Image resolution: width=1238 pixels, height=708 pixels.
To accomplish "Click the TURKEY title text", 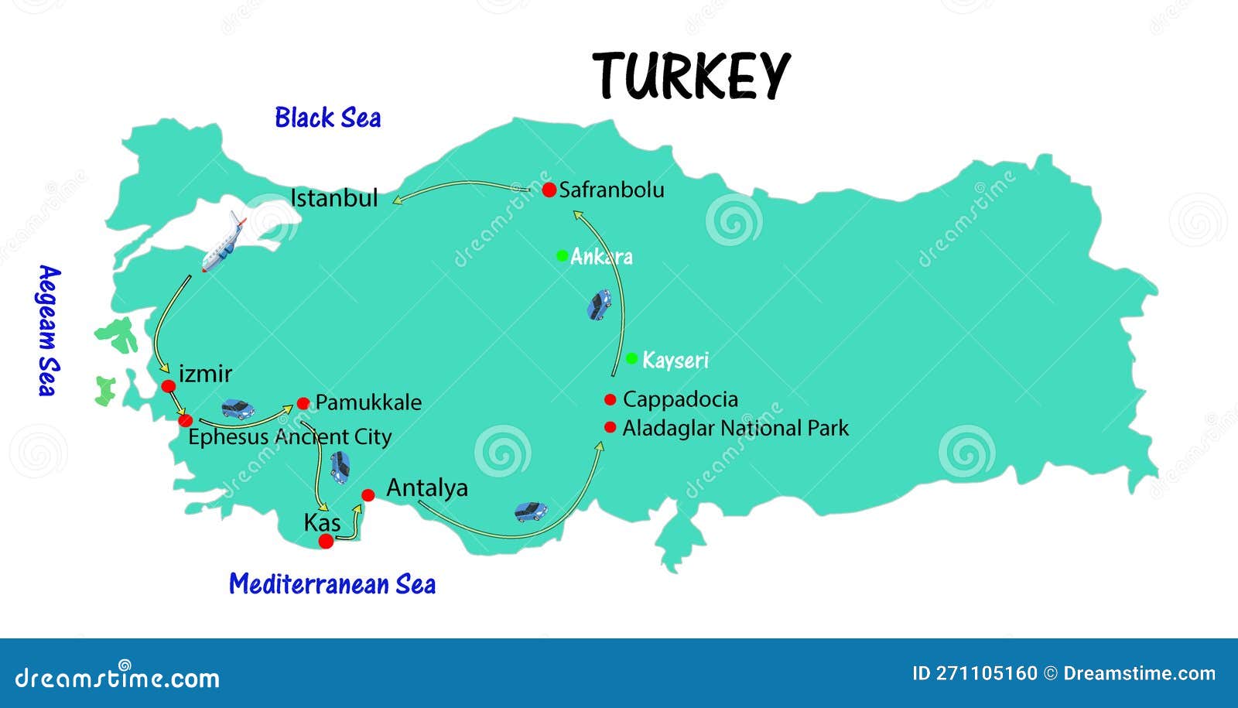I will coord(691,76).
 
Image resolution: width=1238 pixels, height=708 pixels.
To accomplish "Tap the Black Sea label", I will coord(327,118).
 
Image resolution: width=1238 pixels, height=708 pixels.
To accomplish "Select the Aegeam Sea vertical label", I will coord(48,330).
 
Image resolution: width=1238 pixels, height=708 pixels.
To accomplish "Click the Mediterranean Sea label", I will coord(332,583).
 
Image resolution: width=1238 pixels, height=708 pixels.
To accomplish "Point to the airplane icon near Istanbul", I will coord(224,243).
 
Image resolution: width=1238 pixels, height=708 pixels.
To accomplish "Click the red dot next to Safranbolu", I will coord(549,190).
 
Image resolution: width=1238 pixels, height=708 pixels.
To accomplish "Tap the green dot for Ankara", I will coord(563,255).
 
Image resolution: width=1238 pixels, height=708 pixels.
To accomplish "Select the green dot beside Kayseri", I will coord(631,358).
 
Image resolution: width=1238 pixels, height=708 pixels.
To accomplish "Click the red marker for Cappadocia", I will coord(610,399).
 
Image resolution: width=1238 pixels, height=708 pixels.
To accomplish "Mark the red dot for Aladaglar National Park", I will coord(610,426).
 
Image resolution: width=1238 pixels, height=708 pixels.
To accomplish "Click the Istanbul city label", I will coord(334,198).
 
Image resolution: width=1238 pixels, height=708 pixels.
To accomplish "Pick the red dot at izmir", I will coord(169,385).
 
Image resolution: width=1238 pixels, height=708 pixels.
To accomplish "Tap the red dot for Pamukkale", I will coord(303,402).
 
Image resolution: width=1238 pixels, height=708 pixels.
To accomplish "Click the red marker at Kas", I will coord(327,541).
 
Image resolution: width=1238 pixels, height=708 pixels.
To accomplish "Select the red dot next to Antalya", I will coord(368,495).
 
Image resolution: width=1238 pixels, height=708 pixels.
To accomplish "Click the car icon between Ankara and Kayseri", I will coord(599,305).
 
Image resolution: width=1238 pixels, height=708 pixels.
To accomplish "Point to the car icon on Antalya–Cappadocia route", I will coord(531,511).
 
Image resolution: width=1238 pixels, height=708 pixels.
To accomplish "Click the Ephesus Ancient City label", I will coord(289,437).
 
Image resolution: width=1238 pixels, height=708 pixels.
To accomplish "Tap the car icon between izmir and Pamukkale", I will coord(238,409).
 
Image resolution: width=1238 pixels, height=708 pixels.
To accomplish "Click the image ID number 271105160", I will coord(986,673).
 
